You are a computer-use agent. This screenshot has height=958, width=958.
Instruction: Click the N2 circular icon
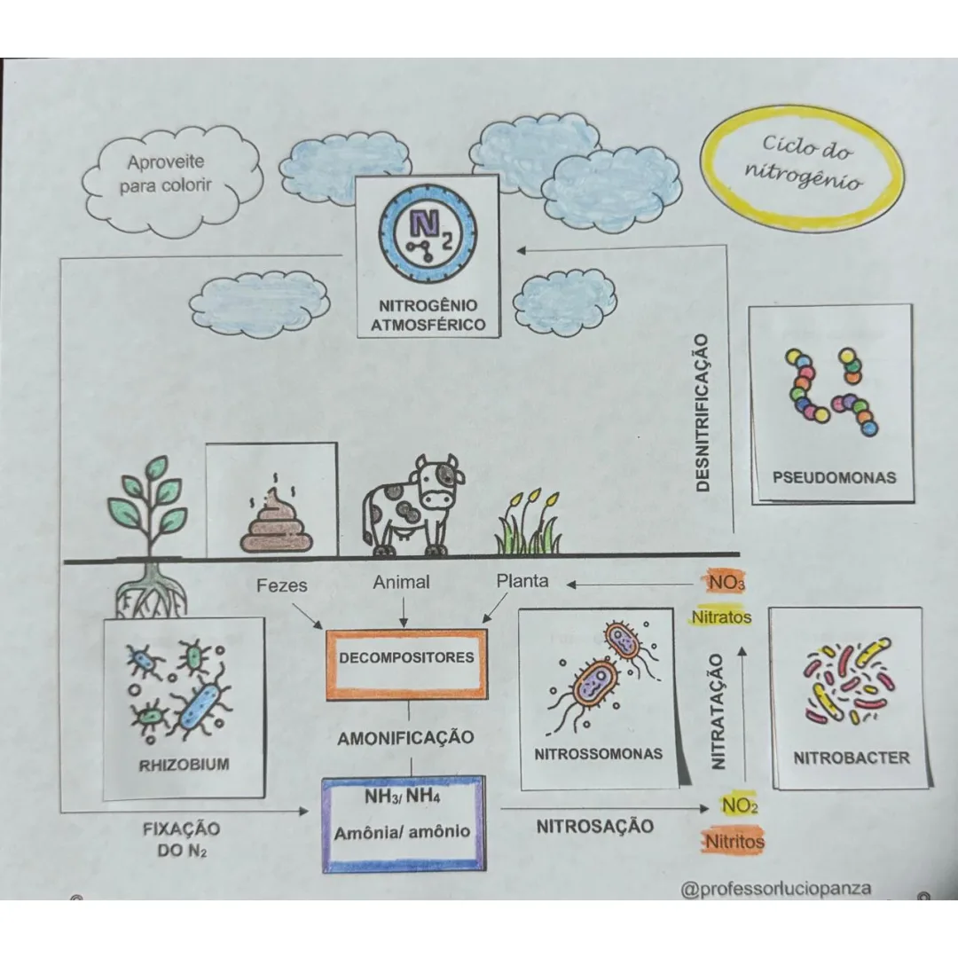click(427, 234)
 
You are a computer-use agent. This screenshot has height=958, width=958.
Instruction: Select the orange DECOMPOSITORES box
click(406, 664)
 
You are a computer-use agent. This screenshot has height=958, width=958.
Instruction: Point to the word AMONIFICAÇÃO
click(405, 738)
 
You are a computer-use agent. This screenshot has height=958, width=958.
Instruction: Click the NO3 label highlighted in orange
click(726, 582)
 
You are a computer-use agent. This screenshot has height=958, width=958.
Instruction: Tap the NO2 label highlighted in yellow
click(739, 805)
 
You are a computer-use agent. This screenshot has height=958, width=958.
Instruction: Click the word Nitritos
click(734, 842)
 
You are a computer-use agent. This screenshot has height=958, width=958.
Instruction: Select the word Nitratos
click(721, 617)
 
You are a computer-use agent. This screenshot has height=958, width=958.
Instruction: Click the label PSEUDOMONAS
click(834, 477)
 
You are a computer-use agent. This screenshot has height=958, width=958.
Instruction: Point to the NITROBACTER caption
click(851, 758)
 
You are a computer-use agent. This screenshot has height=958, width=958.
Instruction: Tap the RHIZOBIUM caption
click(184, 765)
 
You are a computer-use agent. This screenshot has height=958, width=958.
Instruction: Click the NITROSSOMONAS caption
click(598, 754)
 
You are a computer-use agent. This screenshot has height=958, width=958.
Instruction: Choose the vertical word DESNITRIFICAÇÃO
click(703, 412)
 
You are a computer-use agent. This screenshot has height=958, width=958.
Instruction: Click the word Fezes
click(282, 585)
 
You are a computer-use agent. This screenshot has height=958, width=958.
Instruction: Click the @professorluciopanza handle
click(776, 888)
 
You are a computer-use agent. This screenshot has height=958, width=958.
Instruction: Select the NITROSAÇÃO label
click(595, 826)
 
